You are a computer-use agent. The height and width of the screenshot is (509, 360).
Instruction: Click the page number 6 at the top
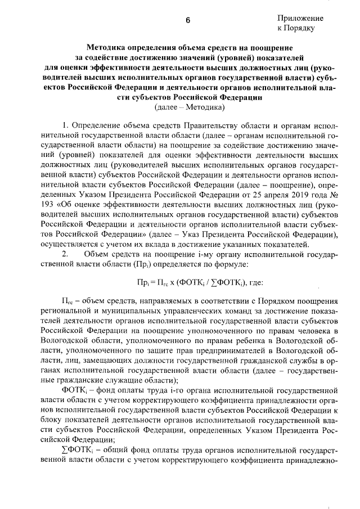coord(188,21)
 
